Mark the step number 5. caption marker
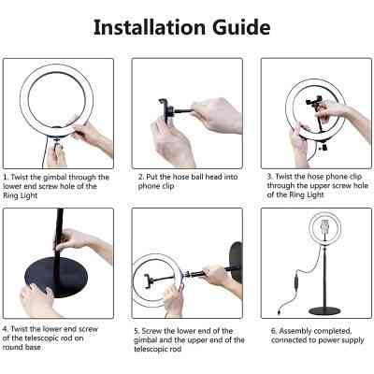click(137, 329)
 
